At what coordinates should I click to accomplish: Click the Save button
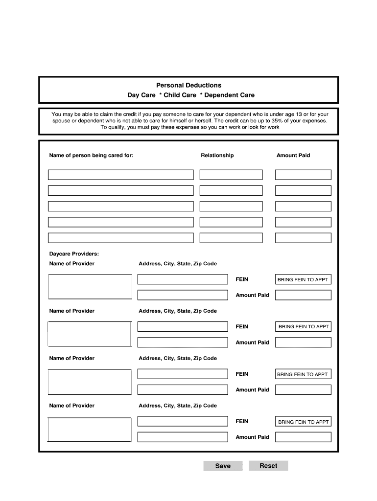pyautogui.click(x=223, y=466)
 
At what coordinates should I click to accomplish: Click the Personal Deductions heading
pyautogui.click(x=188, y=85)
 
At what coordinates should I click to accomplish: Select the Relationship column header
pyautogui.click(x=217, y=156)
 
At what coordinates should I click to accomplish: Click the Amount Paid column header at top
pyautogui.click(x=293, y=156)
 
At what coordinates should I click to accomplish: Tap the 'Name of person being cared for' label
pyautogui.click(x=91, y=156)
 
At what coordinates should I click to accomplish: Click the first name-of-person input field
pyautogui.click(x=120, y=175)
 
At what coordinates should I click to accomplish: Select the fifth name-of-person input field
pyautogui.click(x=120, y=238)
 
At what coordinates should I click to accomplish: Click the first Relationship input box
pyautogui.click(x=231, y=175)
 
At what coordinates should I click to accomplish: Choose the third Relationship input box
pyautogui.click(x=231, y=206)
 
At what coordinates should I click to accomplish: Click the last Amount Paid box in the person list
pyautogui.click(x=303, y=238)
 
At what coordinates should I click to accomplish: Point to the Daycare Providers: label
pyautogui.click(x=74, y=254)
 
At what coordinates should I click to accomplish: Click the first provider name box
pyautogui.click(x=90, y=286)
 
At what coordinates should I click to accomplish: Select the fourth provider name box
pyautogui.click(x=90, y=429)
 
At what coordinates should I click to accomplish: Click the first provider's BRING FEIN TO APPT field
pyautogui.click(x=303, y=280)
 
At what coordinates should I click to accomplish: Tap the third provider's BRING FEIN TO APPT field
pyautogui.click(x=303, y=374)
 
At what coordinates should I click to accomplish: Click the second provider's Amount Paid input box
pyautogui.click(x=303, y=342)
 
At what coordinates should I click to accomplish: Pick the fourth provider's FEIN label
pyautogui.click(x=242, y=421)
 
